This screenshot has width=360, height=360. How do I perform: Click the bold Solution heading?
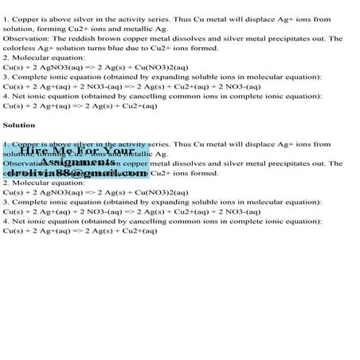tap(19, 125)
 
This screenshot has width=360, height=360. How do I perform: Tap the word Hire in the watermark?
tap(37, 151)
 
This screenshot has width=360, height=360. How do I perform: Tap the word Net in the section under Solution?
tap(17, 221)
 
